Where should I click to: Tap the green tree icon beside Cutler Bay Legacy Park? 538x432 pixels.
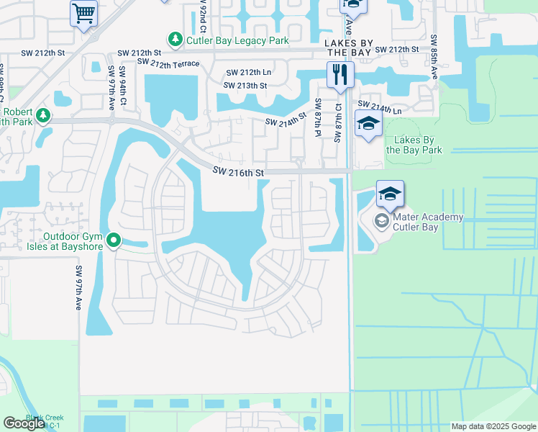[174, 39]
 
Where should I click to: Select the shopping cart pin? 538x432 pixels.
[83, 14]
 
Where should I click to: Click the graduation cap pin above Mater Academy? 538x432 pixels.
[390, 194]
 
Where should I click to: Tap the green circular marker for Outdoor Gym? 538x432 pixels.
[114, 240]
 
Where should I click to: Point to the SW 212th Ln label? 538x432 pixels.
[249, 73]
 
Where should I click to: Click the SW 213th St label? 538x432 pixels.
[245, 86]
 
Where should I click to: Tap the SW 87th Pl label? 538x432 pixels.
[317, 118]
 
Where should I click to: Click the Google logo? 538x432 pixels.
[24, 423]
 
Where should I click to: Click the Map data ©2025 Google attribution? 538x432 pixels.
[493, 426]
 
